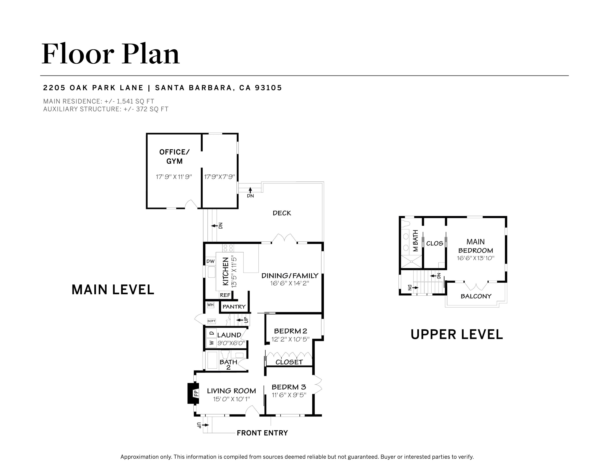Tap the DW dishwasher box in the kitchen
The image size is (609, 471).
[211, 261]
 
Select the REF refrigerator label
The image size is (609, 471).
[225, 295]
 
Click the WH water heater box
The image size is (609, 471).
[211, 305]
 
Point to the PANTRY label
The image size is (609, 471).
[234, 307]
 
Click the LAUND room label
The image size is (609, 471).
[229, 335]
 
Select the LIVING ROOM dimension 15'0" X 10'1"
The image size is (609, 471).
[231, 399]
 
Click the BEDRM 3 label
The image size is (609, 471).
[289, 387]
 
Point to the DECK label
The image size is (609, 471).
[282, 213]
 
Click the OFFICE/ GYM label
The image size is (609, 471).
[175, 156]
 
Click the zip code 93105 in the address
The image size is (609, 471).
[269, 88]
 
